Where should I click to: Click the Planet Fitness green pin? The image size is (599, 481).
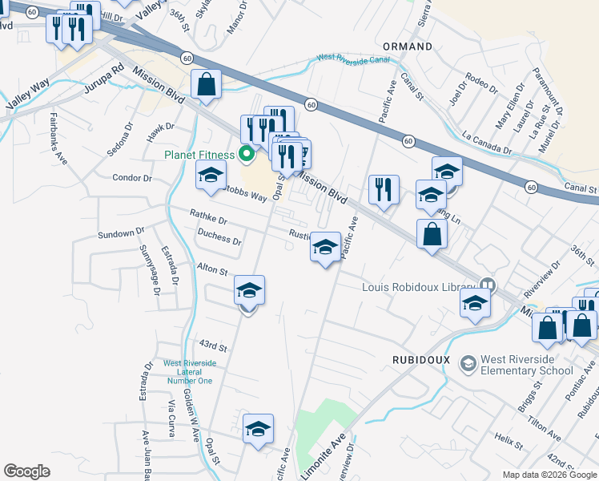pos(247,155)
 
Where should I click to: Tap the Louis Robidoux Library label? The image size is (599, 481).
pos(420,287)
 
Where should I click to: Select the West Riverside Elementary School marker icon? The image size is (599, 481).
pos(468,364)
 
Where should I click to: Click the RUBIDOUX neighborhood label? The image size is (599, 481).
pos(422,360)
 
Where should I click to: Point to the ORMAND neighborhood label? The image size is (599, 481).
pos(408,46)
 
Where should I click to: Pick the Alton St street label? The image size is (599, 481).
pos(213,270)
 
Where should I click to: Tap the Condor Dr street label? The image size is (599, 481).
pos(132,178)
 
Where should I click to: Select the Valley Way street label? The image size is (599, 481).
pos(28,94)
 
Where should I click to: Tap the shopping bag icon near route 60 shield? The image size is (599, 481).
pos(206,83)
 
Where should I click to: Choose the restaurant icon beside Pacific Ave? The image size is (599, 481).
pos(384,189)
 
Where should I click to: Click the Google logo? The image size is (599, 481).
pos(26,471)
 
